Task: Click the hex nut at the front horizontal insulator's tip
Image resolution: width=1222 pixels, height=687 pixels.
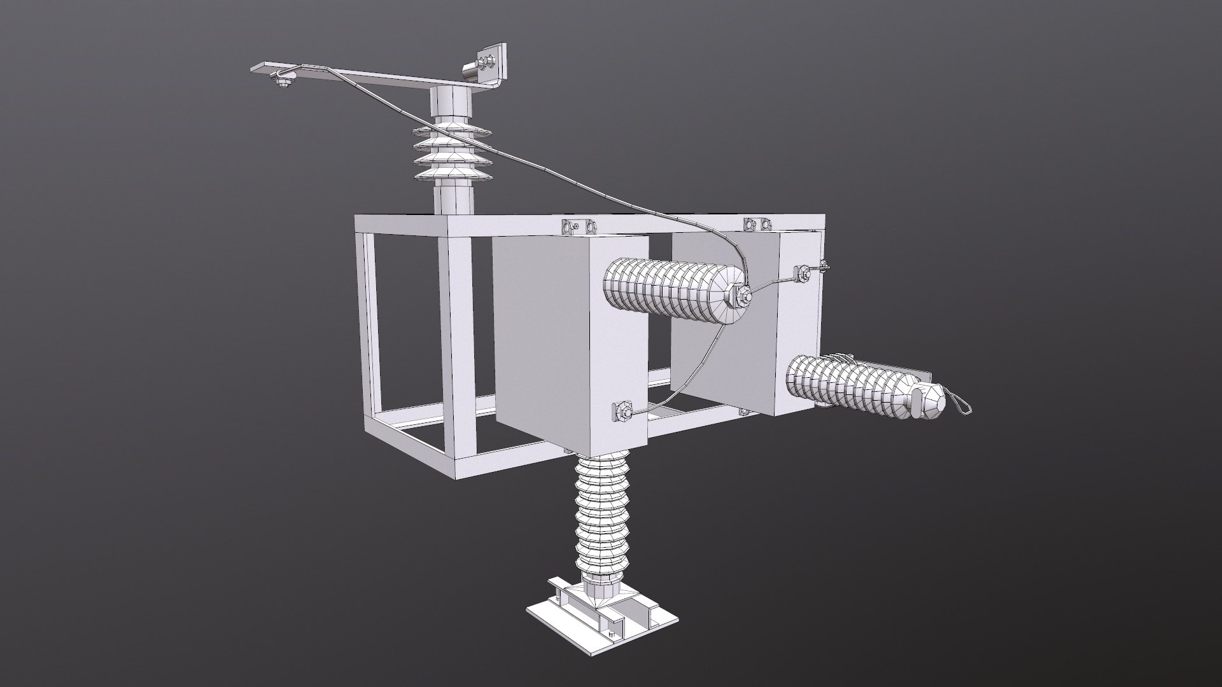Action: click(742, 295)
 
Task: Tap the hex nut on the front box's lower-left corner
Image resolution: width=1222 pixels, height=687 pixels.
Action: click(622, 412)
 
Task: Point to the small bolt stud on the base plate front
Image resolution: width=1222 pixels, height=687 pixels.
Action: click(612, 637)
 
